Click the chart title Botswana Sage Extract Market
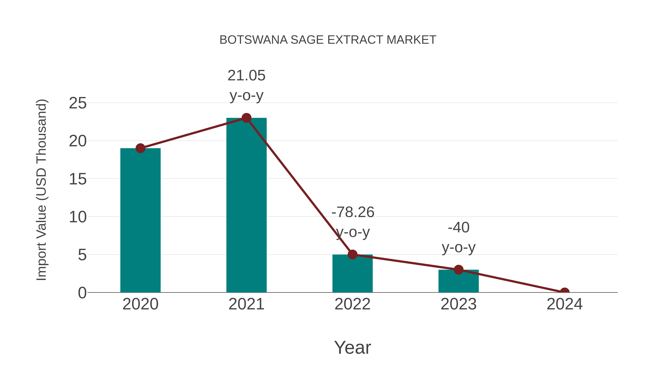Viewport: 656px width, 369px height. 328,40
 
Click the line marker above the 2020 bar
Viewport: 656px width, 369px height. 140,148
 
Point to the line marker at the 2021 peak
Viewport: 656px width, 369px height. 246,118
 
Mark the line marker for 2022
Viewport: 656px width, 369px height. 352,254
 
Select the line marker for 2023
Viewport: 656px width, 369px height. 458,270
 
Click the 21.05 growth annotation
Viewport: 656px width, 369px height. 246,76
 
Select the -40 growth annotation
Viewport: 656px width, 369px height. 458,227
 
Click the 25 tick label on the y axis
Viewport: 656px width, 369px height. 78,103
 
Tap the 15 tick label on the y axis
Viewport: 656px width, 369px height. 78,179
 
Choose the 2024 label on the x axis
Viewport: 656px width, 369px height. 564,304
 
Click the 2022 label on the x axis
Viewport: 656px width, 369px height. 352,304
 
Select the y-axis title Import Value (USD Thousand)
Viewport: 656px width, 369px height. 41,190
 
